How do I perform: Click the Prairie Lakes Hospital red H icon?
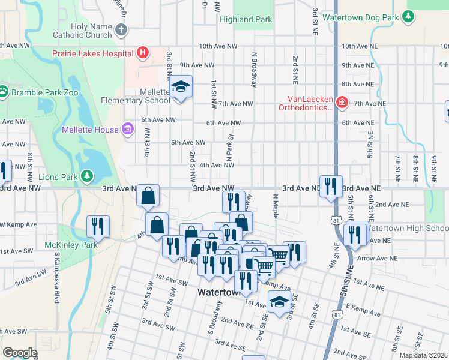(142, 53)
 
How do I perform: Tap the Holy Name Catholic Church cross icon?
(121, 30)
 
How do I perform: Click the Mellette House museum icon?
(127, 129)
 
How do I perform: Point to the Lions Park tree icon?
(88, 176)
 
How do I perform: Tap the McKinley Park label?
(71, 245)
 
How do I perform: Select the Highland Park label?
(246, 19)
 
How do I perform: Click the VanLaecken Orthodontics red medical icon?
(341, 103)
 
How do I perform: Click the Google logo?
(20, 353)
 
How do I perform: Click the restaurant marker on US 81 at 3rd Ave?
(331, 186)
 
